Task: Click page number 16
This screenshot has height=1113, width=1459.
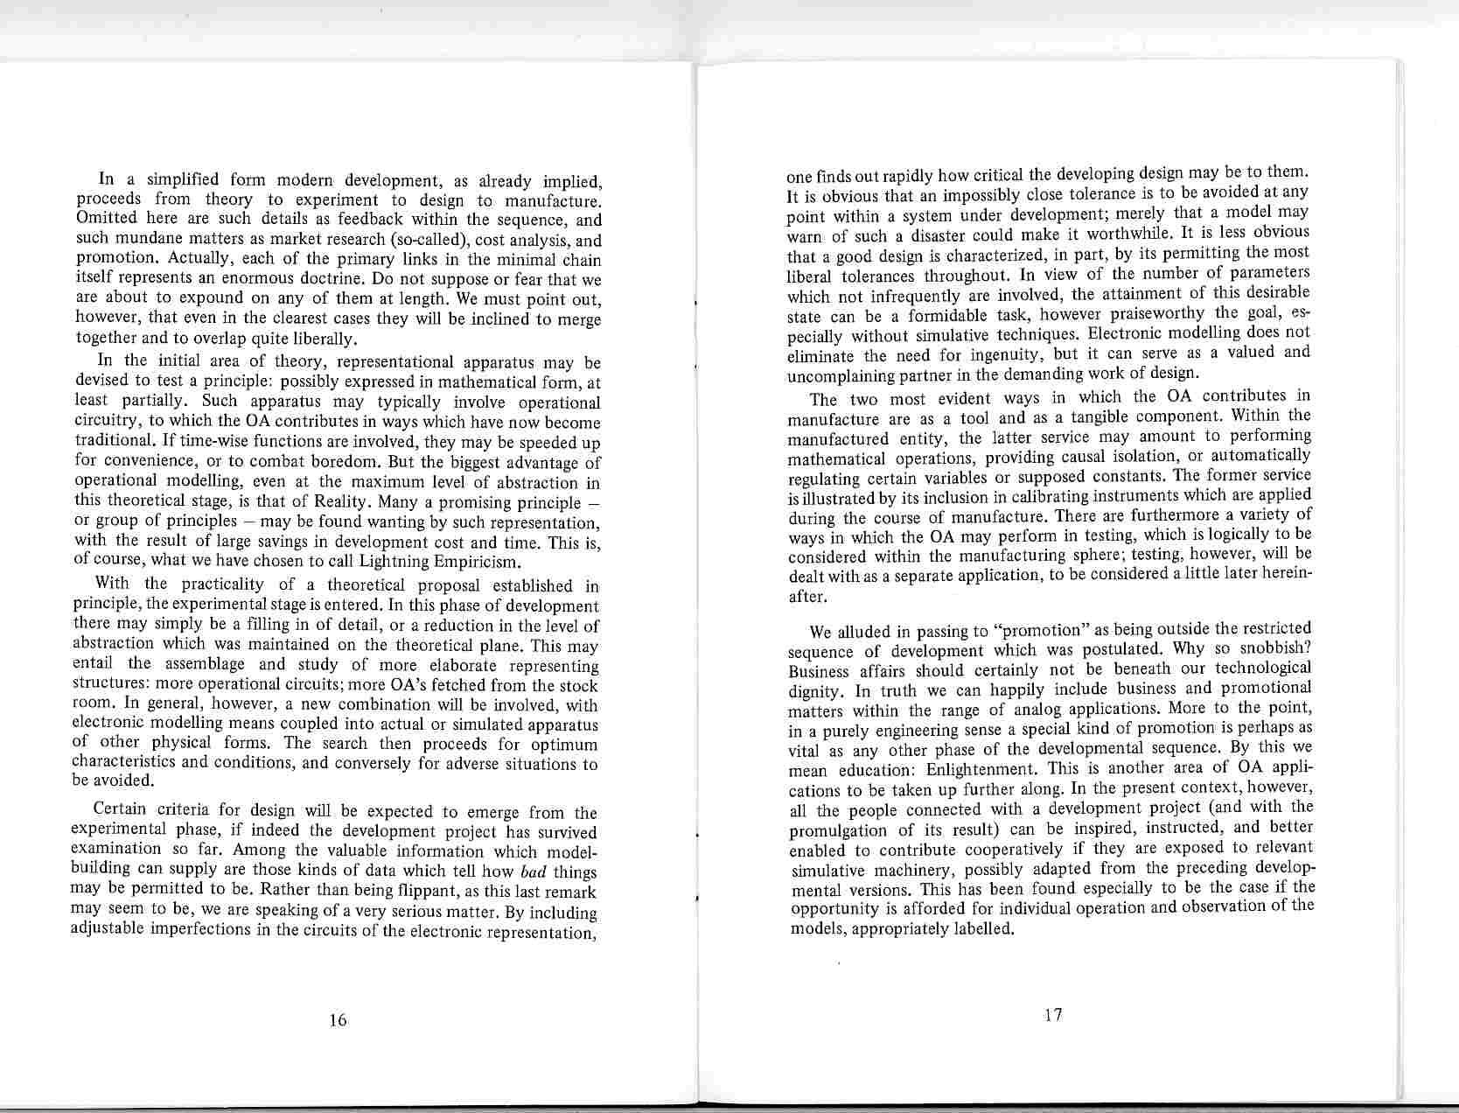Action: tap(338, 1019)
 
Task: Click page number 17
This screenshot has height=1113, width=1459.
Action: tap(1053, 1014)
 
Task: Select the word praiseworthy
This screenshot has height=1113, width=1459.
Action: tap(1140, 313)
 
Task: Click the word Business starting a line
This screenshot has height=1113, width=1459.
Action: tap(819, 671)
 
